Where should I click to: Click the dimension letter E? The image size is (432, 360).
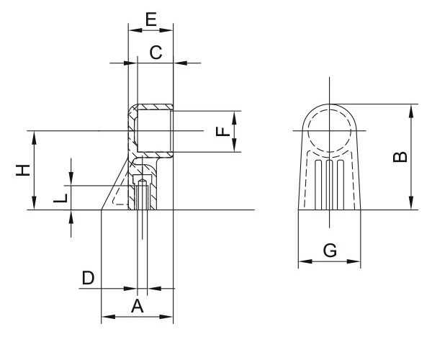[x=151, y=19]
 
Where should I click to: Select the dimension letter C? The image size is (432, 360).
[x=156, y=53]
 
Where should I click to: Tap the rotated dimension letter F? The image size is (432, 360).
[x=223, y=131]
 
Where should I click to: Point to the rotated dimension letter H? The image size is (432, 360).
[x=23, y=170]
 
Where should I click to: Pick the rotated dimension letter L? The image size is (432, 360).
[x=60, y=198]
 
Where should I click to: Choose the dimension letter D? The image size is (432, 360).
[x=88, y=278]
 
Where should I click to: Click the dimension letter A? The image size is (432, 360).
[x=138, y=306]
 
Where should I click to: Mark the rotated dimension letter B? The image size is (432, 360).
[x=400, y=157]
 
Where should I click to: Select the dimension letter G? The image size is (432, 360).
[x=330, y=251]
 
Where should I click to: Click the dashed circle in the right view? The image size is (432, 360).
[x=330, y=131]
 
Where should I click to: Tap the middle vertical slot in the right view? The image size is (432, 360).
[x=330, y=184]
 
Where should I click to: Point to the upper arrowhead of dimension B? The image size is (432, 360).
[x=411, y=112]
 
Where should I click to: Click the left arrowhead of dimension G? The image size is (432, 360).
[x=305, y=261]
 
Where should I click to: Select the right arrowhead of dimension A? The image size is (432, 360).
[x=166, y=317]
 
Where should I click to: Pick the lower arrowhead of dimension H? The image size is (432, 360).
[x=34, y=203]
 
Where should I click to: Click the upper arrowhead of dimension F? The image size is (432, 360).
[x=234, y=118]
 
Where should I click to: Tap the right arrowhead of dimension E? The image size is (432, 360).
[x=166, y=30]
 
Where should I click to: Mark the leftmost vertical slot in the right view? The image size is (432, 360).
[x=318, y=184]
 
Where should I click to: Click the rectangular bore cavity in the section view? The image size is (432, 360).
[x=154, y=131]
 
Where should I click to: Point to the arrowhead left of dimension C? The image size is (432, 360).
[x=130, y=63]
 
